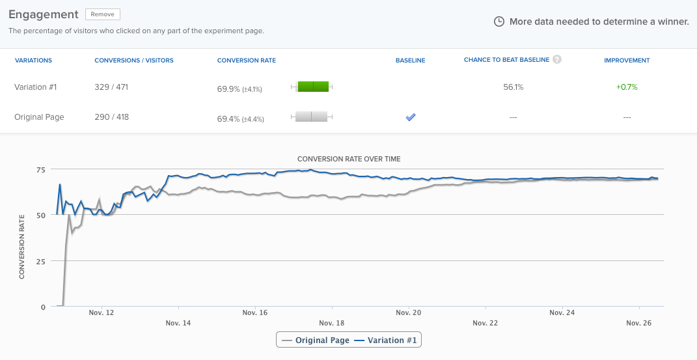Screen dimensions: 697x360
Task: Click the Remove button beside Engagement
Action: point(103,14)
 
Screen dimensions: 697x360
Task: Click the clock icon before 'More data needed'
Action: point(499,21)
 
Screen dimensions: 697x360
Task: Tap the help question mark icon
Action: point(557,59)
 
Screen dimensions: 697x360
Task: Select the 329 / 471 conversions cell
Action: point(111,87)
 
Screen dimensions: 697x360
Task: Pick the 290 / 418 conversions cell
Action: point(111,117)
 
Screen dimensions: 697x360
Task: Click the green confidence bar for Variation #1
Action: point(313,87)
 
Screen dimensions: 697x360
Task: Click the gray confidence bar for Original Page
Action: point(311,117)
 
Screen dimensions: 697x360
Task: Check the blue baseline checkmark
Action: point(410,117)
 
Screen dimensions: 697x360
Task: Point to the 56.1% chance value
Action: point(513,87)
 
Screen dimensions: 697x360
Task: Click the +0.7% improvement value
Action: point(627,87)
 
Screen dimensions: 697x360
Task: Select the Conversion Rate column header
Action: point(246,61)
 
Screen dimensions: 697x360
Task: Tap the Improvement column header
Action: point(627,61)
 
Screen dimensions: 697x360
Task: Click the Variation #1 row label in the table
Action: point(36,87)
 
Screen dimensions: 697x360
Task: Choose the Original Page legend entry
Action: point(316,340)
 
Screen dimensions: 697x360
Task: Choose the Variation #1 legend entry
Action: point(387,340)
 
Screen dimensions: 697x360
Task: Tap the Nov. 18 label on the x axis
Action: point(332,323)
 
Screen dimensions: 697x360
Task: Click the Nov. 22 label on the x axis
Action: point(485,323)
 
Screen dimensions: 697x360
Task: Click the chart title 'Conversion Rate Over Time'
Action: point(349,159)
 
